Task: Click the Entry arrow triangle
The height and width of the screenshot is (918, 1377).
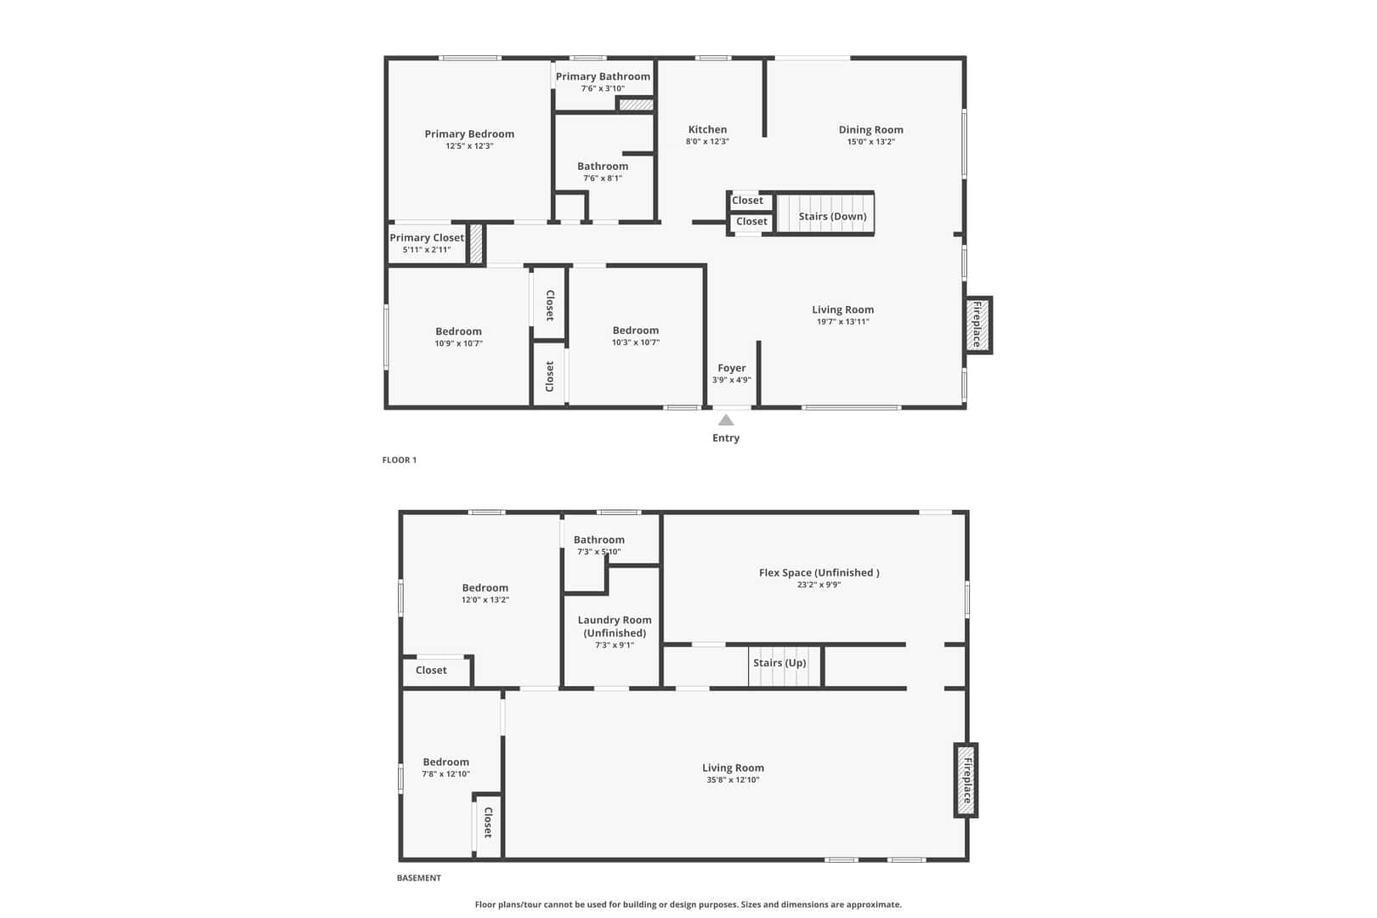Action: (x=726, y=420)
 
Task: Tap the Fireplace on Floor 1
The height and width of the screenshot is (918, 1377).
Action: (x=977, y=325)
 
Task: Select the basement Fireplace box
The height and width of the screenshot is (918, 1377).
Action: (x=966, y=780)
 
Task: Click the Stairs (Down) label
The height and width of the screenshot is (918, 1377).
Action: (x=832, y=217)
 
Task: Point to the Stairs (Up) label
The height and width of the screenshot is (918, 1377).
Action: (x=779, y=663)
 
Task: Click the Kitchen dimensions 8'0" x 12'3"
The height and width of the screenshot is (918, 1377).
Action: (x=707, y=141)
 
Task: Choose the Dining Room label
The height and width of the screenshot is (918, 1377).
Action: (x=871, y=130)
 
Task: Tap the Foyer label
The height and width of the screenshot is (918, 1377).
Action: (x=732, y=368)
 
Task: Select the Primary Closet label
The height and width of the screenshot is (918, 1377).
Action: (x=427, y=238)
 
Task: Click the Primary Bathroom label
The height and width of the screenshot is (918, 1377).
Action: (x=603, y=76)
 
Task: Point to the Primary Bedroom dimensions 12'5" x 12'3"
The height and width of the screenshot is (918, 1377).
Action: (x=470, y=146)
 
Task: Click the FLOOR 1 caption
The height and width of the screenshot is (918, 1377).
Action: (x=399, y=460)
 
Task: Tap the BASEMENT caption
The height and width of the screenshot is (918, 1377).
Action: (x=419, y=878)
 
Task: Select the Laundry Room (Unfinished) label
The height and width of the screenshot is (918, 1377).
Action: (x=615, y=626)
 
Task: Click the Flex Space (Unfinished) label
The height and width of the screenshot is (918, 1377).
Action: (x=819, y=573)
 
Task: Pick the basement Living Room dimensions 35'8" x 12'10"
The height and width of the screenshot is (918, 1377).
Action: (x=734, y=780)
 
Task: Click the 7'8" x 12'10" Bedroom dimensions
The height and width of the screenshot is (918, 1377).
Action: (x=445, y=774)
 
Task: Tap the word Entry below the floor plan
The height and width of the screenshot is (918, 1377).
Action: (x=726, y=438)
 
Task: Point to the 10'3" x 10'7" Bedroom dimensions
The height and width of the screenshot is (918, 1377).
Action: (x=636, y=343)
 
